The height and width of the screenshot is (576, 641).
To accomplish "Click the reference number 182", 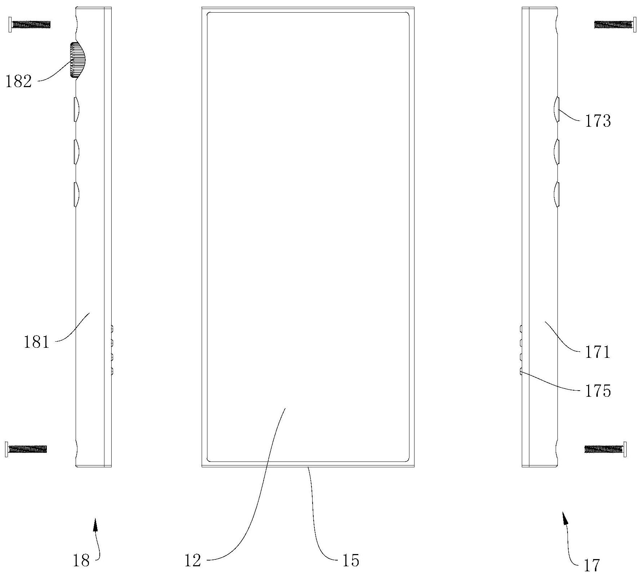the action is (18, 82).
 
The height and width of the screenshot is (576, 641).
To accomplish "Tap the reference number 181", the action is (36, 342).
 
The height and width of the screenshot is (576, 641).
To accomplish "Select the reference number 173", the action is (597, 121).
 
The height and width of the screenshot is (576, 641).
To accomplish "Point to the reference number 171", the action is (597, 352).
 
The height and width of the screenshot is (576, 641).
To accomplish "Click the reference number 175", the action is (597, 391).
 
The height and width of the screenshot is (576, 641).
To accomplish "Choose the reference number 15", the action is (351, 561).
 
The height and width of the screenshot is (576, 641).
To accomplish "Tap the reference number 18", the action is (81, 561).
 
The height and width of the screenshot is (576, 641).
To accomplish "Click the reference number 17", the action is (592, 566).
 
